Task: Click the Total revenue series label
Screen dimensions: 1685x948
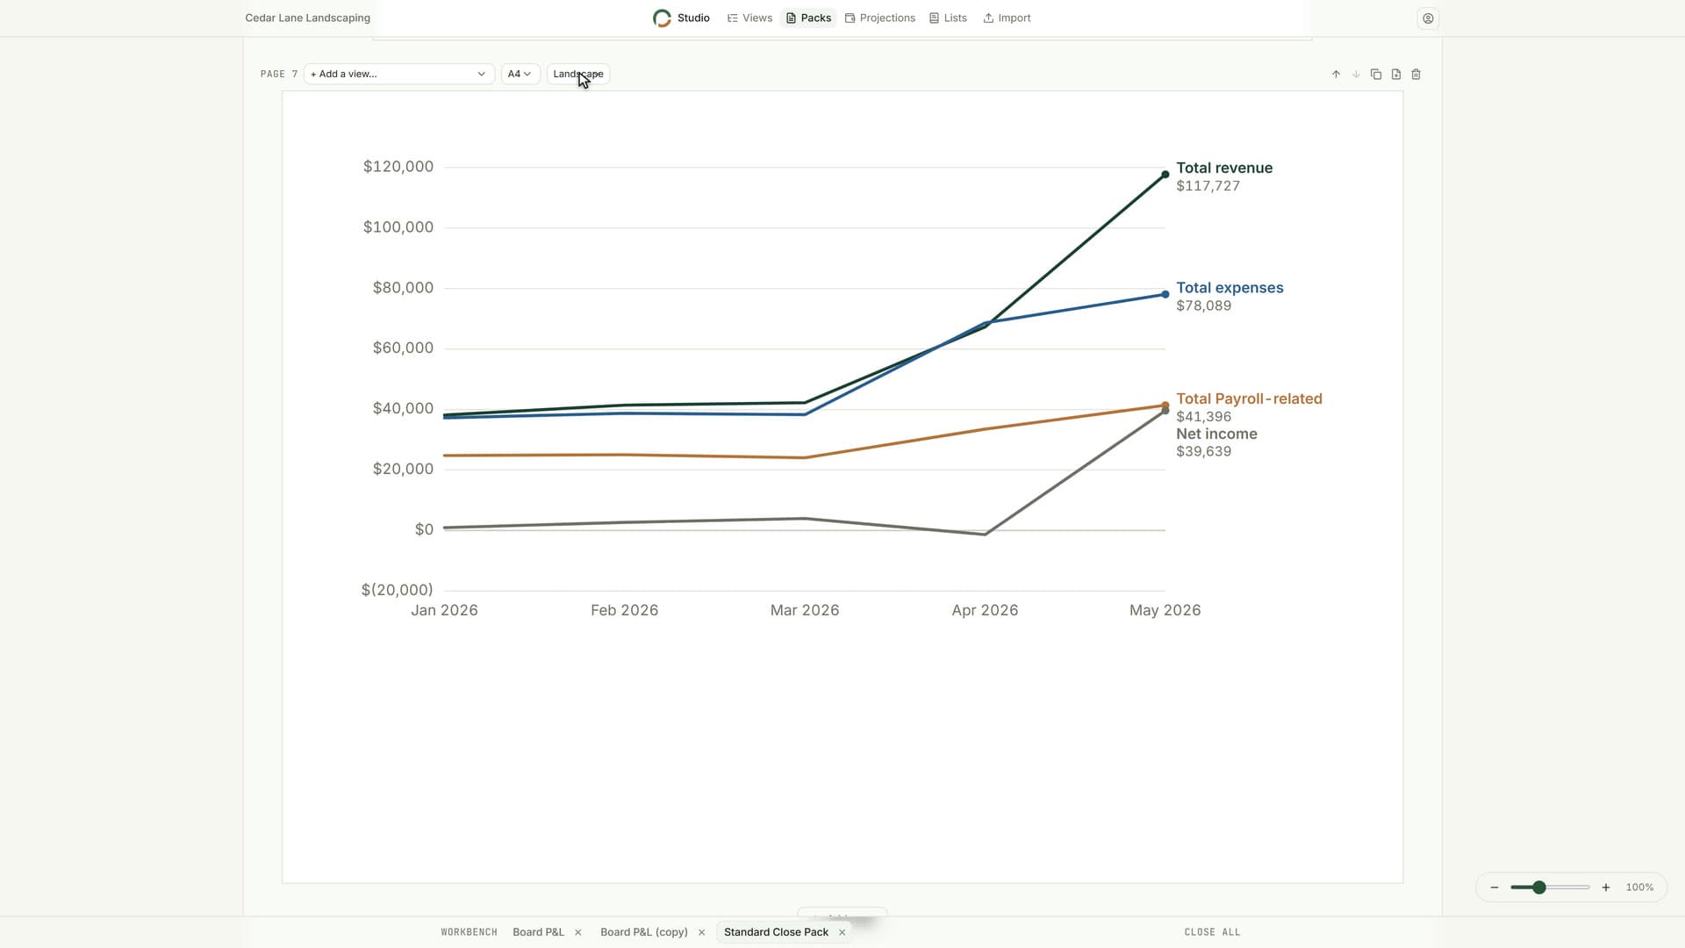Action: [x=1224, y=168]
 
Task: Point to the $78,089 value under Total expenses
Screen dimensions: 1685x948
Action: [x=1204, y=306]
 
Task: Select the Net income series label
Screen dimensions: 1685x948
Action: [x=1216, y=434]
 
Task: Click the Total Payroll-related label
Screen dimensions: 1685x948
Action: [x=1249, y=399]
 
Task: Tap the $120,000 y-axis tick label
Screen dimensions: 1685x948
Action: [x=398, y=167]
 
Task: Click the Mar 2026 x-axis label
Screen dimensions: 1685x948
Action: [x=805, y=610]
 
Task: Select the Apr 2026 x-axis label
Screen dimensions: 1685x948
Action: [x=985, y=610]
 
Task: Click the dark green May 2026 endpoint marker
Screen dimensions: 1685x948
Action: [x=1165, y=175]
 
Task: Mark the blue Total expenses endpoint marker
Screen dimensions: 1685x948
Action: [x=1165, y=294]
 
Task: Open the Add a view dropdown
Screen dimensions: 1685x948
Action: [x=398, y=74]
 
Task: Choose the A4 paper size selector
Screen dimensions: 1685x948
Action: [x=520, y=74]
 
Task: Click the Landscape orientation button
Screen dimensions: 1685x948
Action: [x=578, y=74]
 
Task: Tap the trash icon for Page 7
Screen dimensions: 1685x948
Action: [x=1416, y=75]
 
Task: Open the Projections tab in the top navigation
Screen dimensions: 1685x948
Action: [x=880, y=18]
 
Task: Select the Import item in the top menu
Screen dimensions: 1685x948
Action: [x=1007, y=18]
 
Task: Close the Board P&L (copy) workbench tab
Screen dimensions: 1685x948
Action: [x=701, y=932]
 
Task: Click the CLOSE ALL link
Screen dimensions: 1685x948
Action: [x=1212, y=932]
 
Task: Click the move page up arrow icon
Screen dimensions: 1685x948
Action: [x=1336, y=75]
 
